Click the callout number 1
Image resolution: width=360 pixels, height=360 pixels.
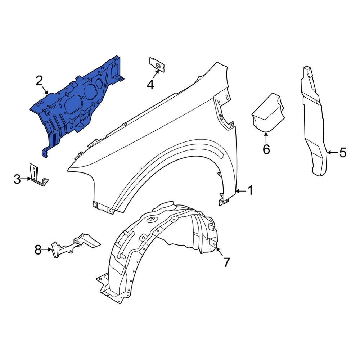pos(250,190)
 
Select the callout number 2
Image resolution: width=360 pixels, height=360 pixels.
pos(39,81)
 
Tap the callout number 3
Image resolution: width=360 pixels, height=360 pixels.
pos(17,179)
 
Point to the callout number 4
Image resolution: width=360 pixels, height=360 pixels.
pos(150,85)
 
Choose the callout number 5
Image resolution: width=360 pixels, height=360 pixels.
pos(342,153)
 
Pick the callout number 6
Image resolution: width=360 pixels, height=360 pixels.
pos(266,149)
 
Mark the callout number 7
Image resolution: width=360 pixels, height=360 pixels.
pos(226,262)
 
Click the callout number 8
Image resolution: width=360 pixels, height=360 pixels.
pos(38,249)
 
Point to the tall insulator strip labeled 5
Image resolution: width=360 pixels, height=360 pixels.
pos(312,122)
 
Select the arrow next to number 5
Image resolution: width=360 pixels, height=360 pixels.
pos(332,153)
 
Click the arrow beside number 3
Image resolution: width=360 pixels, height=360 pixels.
pos(27,179)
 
